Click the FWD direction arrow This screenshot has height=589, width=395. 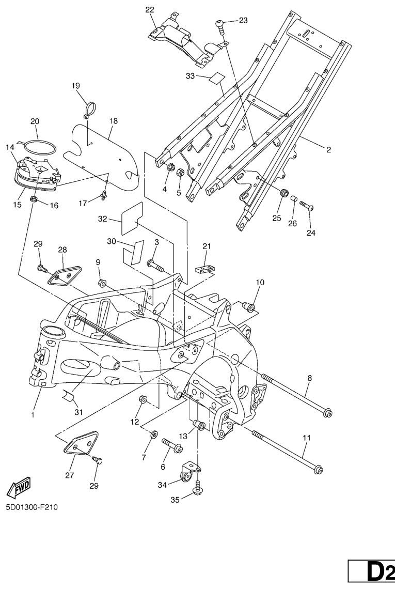[17, 487]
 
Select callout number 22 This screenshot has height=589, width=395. [150, 10]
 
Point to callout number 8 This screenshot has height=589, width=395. [310, 378]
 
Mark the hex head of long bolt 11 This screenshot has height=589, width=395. [319, 470]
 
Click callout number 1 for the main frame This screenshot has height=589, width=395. [33, 414]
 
